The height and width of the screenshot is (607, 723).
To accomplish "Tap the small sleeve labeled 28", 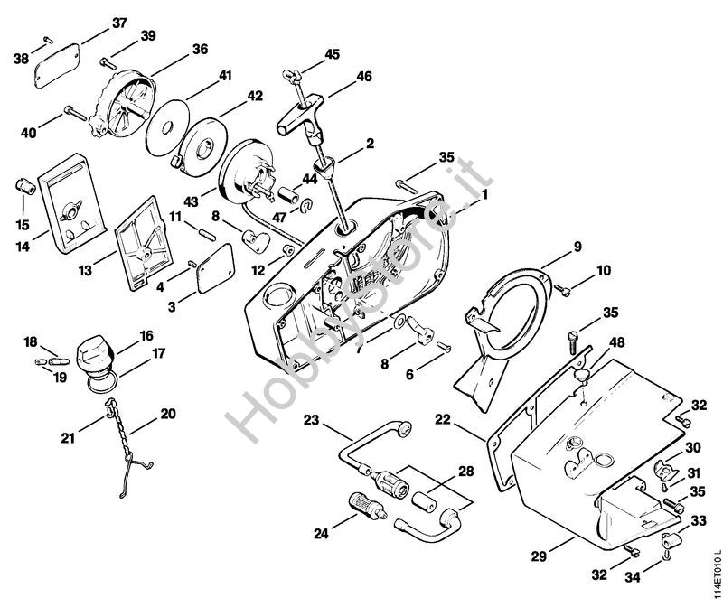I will (x=429, y=497).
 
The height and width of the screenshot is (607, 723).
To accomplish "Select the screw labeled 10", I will (x=560, y=288).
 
